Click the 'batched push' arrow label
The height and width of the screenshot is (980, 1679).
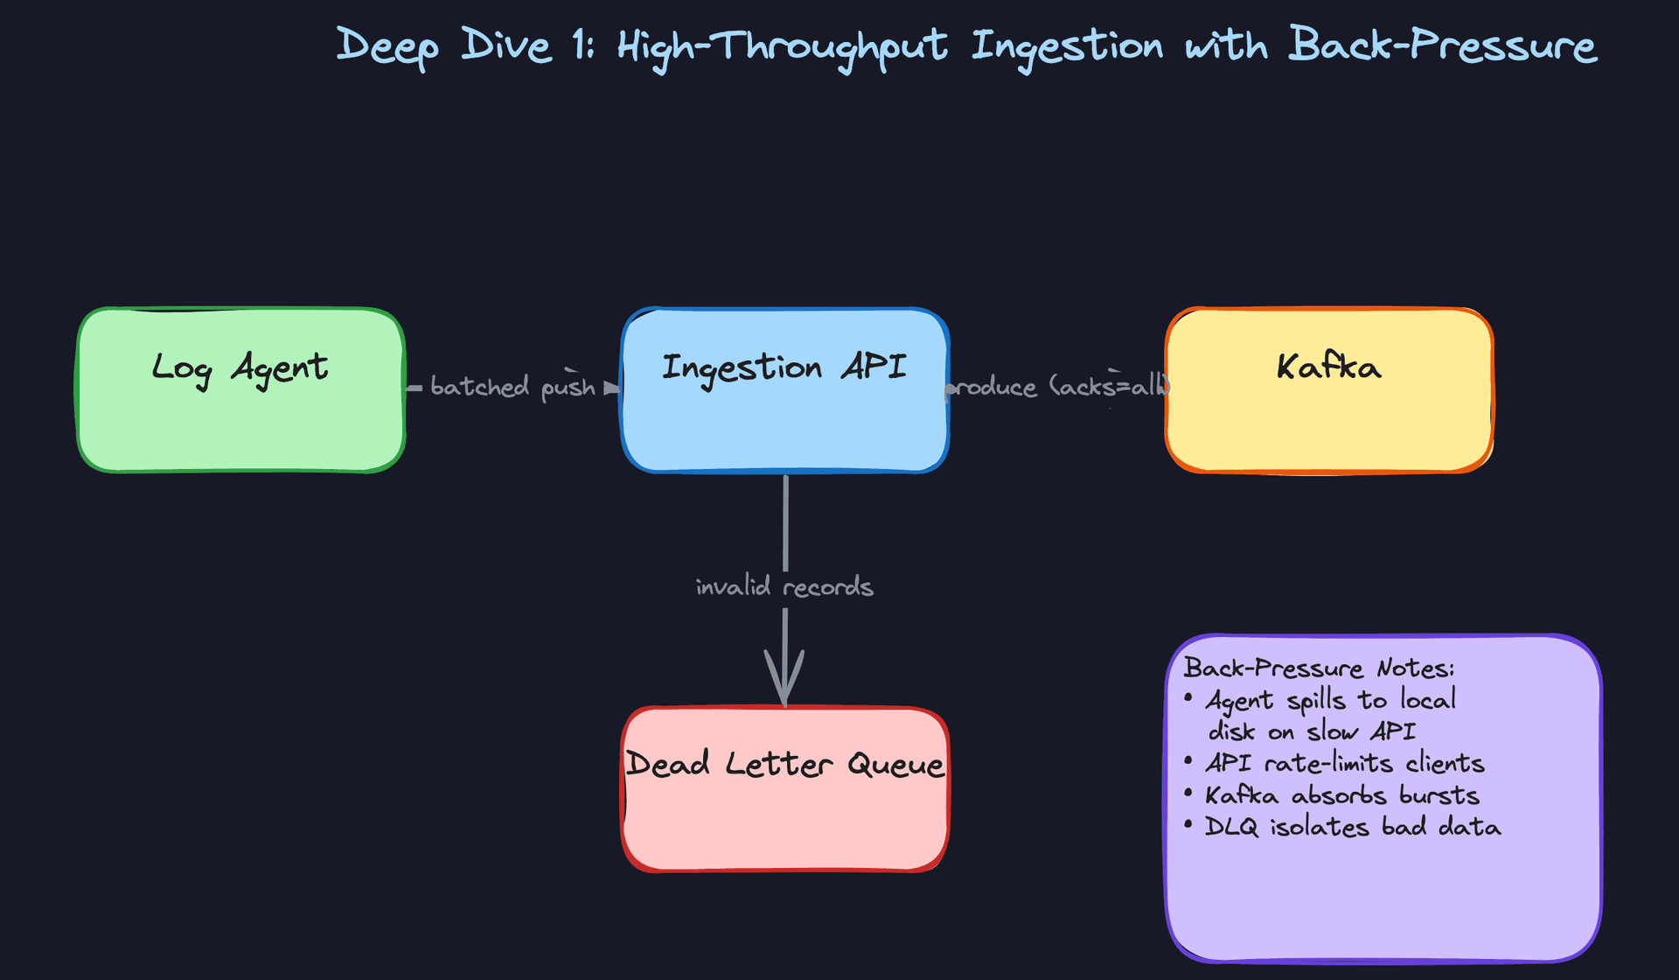coord(512,387)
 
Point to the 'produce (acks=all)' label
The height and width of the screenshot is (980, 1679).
coord(1058,387)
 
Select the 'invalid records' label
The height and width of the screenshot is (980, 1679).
coord(784,586)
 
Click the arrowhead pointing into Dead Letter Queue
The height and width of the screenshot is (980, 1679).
coord(784,682)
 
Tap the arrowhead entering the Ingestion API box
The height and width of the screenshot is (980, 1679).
coord(611,388)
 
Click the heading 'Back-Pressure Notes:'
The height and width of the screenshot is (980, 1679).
coord(1319,668)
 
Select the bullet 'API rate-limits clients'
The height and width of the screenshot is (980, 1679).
coord(1344,763)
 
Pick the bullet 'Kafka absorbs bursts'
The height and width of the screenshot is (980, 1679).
coord(1341,794)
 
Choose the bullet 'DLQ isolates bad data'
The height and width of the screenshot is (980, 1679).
coord(1352,827)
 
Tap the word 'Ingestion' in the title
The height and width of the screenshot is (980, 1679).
coord(1067,45)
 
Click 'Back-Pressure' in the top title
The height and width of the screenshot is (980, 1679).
coord(1443,45)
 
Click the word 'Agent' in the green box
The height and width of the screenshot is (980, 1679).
coord(279,367)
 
